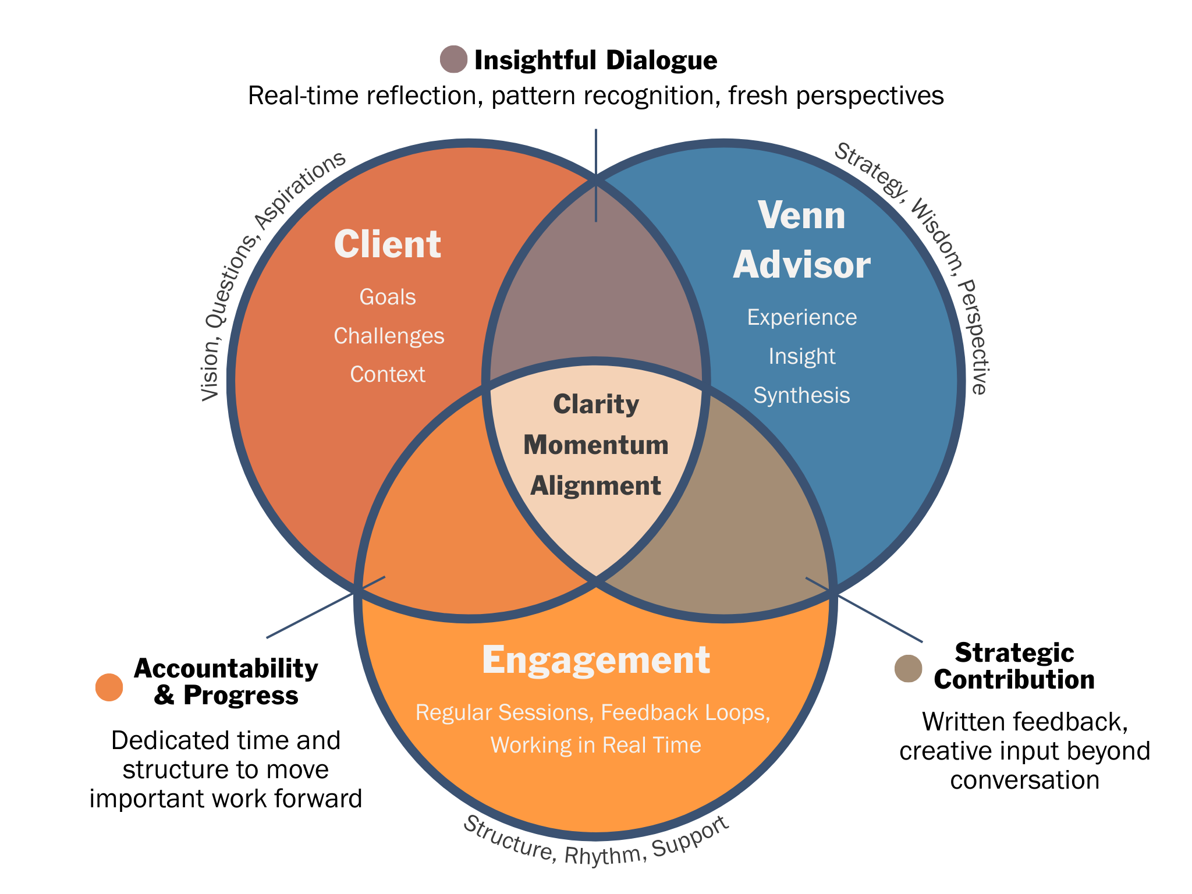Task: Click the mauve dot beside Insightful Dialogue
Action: pyautogui.click(x=453, y=59)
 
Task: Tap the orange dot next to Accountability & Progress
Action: pyautogui.click(x=109, y=687)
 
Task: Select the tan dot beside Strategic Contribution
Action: pyautogui.click(x=908, y=668)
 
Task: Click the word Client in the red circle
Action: pyautogui.click(x=387, y=244)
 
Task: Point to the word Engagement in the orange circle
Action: pyautogui.click(x=595, y=660)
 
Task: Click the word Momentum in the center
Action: pyautogui.click(x=595, y=445)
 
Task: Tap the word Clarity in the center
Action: pyautogui.click(x=595, y=405)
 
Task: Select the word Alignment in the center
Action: pyautogui.click(x=595, y=486)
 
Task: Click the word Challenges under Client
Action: pyautogui.click(x=389, y=336)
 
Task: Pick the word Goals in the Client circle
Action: pyautogui.click(x=388, y=297)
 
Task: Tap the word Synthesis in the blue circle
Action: pyautogui.click(x=801, y=395)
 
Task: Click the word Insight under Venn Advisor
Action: pyautogui.click(x=801, y=356)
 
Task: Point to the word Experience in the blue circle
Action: pyautogui.click(x=801, y=317)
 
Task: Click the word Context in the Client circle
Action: pyautogui.click(x=388, y=374)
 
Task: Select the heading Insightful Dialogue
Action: pyautogui.click(x=595, y=60)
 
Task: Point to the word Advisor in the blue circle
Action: pyautogui.click(x=801, y=265)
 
